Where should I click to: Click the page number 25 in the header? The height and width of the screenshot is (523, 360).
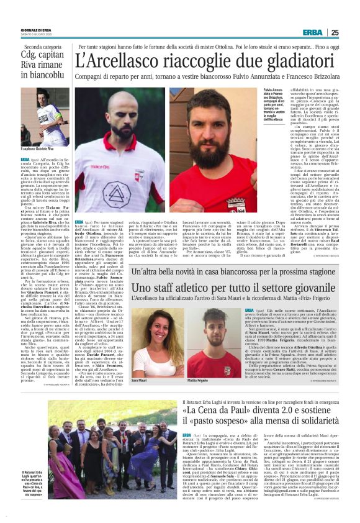click(335, 33)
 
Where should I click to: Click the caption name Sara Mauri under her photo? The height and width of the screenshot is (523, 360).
click(139, 380)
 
